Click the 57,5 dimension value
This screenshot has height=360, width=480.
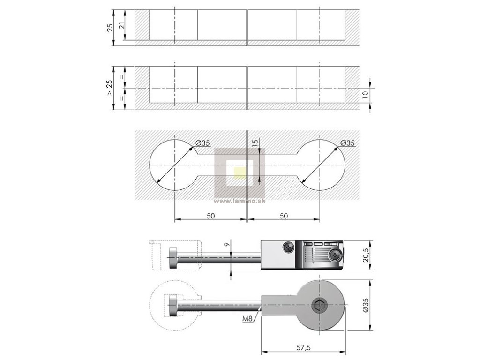304,347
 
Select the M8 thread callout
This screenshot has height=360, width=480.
248,319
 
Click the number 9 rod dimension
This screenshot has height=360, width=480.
226,244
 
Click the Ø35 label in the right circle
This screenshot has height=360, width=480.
347,143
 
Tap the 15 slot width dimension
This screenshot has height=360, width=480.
255,143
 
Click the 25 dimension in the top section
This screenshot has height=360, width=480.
110,27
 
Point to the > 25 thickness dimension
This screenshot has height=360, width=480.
109,87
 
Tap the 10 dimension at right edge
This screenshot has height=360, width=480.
365,95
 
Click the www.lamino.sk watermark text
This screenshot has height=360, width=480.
240,202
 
